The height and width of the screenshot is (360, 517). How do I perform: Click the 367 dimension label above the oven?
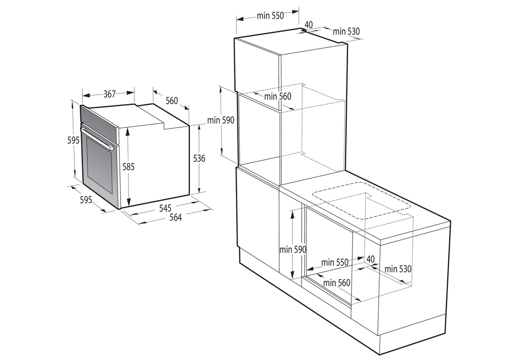(109, 94)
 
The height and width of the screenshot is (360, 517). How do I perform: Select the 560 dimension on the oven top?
(172, 100)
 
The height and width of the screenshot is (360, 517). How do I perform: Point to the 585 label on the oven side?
(129, 166)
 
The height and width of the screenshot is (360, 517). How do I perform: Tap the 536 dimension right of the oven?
(199, 158)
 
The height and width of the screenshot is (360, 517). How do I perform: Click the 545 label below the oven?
(165, 208)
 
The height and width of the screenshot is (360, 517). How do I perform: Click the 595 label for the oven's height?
(73, 140)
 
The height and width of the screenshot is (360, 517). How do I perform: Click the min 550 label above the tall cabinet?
(270, 16)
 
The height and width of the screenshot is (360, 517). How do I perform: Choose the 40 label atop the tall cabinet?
(308, 24)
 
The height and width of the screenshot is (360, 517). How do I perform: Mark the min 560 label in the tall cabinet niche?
(278, 96)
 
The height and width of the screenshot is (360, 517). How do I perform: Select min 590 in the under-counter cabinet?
(293, 249)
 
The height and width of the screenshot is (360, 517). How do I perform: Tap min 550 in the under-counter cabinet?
(335, 262)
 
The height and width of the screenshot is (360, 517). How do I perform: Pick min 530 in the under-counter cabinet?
(398, 269)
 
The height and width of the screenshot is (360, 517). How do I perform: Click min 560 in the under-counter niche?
(336, 283)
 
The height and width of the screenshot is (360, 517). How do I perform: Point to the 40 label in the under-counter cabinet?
(370, 259)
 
